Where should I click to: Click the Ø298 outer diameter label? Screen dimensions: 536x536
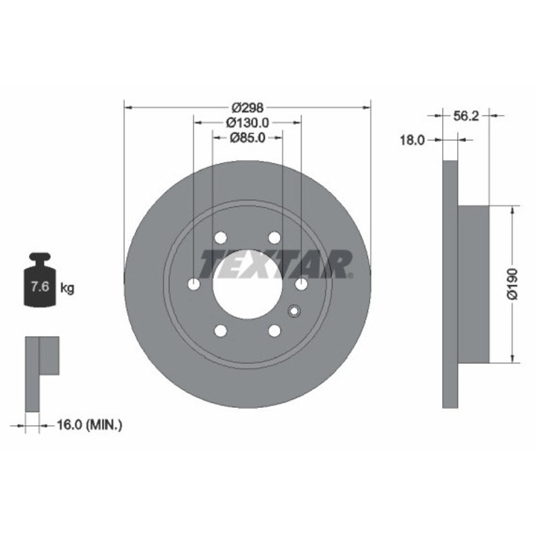(247, 108)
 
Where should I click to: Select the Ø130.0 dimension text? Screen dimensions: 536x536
(247, 122)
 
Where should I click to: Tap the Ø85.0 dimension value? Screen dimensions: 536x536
(247, 138)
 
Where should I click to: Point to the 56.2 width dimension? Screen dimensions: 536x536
(465, 116)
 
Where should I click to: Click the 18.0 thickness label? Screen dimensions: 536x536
(412, 140)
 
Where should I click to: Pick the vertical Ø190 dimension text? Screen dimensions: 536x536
(513, 284)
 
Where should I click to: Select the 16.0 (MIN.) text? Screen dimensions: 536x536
(89, 425)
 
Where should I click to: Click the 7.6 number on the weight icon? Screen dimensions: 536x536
(40, 287)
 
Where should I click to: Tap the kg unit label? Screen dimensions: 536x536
(67, 288)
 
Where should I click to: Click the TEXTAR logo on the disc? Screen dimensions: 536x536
(275, 264)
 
